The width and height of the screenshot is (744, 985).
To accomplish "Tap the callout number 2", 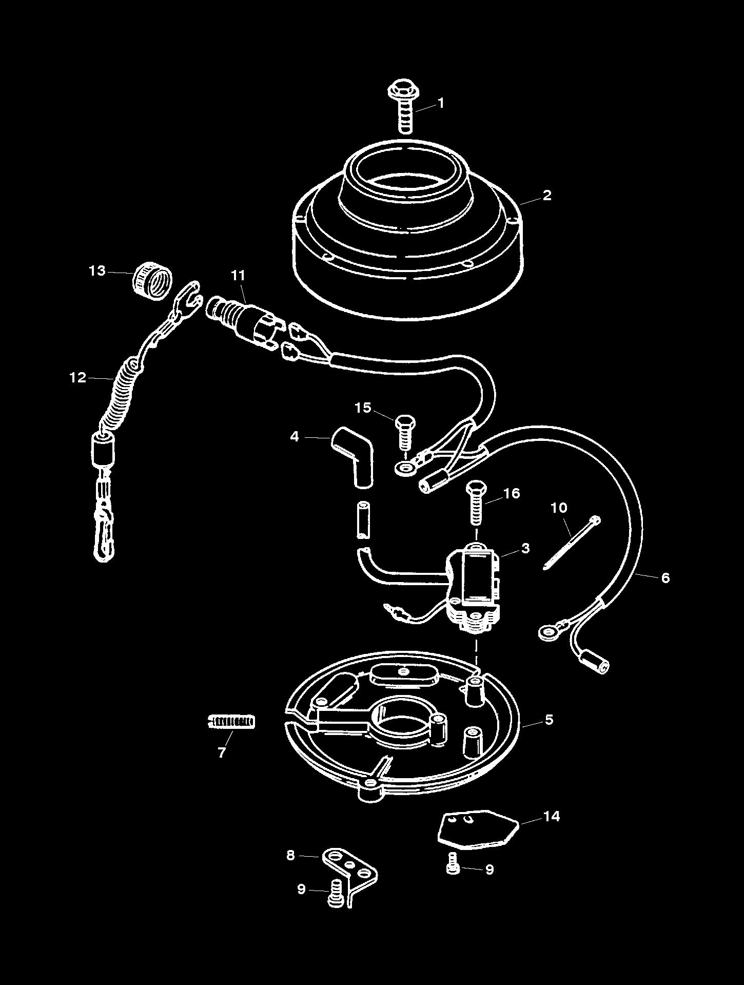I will click(x=547, y=195).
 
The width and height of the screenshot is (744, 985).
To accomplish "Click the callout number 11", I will click(x=238, y=276).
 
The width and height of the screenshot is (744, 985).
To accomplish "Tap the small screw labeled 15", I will click(x=405, y=431).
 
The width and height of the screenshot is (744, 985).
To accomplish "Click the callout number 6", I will click(x=665, y=578).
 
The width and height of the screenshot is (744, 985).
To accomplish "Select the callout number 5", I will click(x=549, y=720).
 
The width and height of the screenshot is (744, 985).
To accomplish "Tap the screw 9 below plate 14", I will click(x=452, y=868).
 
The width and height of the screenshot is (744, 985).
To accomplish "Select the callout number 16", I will click(x=512, y=493).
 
